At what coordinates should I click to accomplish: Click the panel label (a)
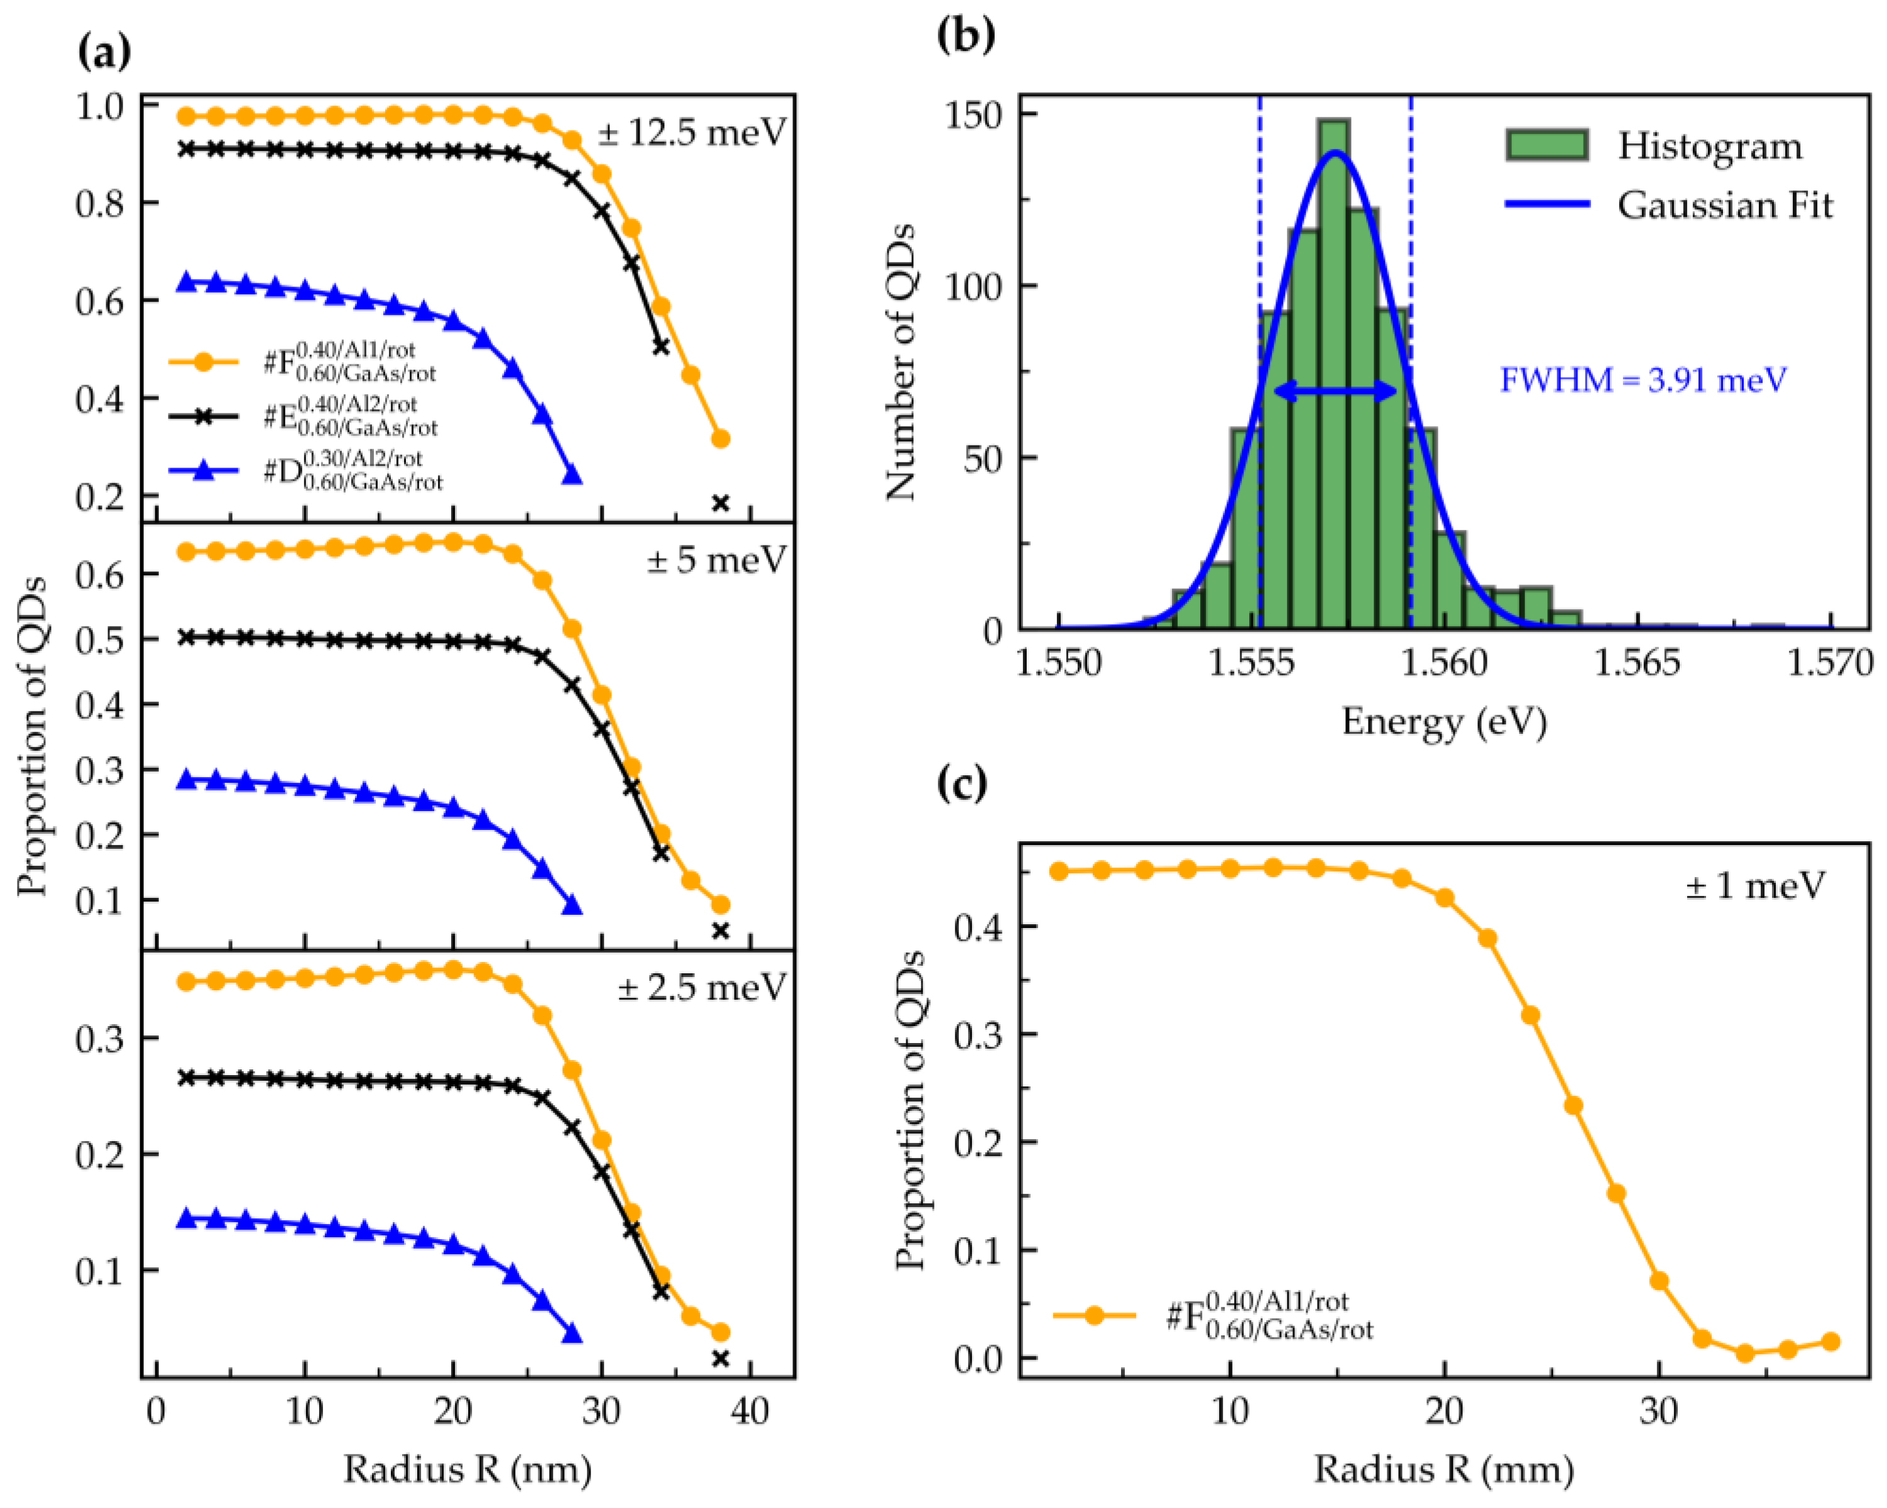104,53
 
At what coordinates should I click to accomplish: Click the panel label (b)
965,35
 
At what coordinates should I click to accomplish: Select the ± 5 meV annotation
716,560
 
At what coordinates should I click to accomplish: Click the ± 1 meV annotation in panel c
1755,886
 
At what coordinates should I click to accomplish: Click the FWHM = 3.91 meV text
1643,380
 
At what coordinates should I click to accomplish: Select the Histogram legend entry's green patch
1546,145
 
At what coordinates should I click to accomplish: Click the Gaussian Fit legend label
1724,205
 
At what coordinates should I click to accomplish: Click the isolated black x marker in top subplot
720,503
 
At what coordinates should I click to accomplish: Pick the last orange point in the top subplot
720,439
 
